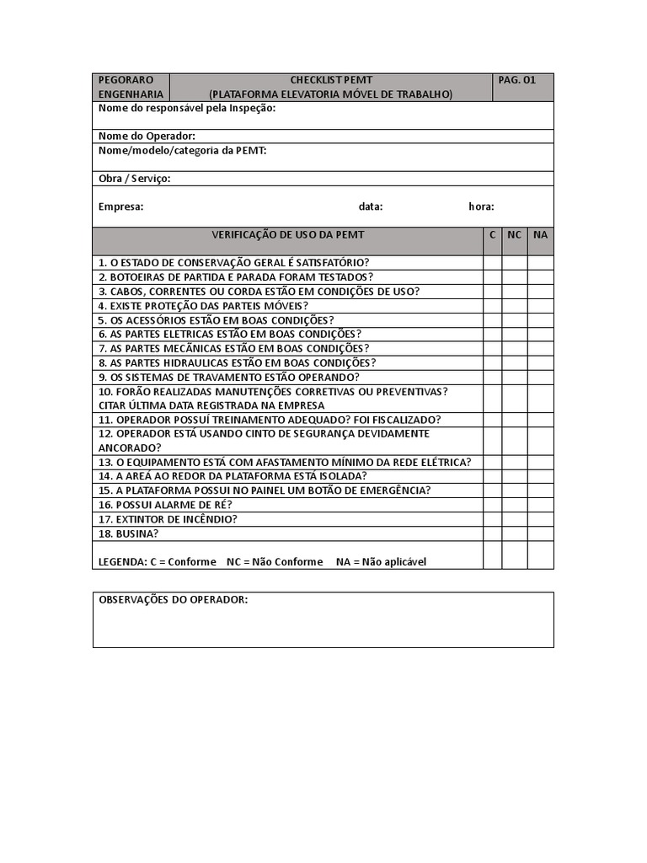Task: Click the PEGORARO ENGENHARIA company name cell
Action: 131,87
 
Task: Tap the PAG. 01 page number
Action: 516,80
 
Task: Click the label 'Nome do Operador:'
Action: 147,136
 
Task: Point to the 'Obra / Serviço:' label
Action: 134,179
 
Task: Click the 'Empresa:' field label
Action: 120,206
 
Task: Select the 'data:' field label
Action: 370,206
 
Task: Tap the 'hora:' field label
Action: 481,206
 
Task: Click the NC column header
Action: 514,234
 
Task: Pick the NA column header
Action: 540,234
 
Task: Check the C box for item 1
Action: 492,263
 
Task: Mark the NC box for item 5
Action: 514,320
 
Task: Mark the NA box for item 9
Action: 540,377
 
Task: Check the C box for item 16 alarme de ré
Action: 492,505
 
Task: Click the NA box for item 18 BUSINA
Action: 540,533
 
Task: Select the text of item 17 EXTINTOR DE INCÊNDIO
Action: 168,519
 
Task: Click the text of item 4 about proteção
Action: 203,306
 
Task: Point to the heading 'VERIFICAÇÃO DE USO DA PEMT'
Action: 287,234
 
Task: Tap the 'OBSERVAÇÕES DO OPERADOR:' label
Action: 173,599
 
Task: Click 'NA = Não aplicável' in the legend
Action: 381,561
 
